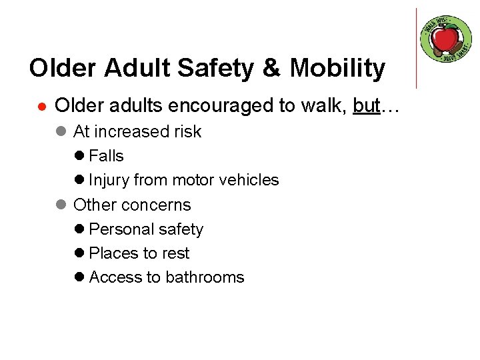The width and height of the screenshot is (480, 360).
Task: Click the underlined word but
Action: click(366, 106)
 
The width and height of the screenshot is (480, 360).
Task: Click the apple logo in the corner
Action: click(446, 39)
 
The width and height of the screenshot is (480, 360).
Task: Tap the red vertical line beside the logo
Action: click(417, 48)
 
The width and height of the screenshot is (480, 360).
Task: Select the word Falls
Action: click(106, 156)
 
